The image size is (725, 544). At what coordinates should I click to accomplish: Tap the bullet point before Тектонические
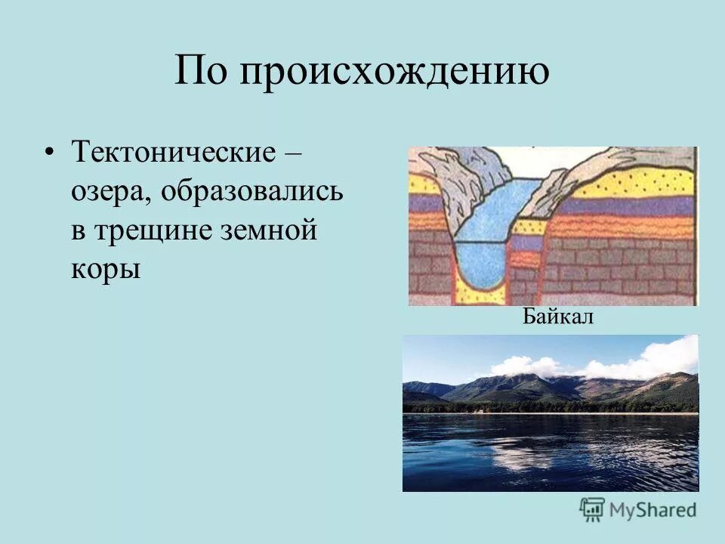tap(50, 152)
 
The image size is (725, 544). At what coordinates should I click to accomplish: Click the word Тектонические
tap(172, 152)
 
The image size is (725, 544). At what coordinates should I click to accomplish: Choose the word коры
tap(106, 270)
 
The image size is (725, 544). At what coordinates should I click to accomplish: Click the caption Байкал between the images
tap(557, 317)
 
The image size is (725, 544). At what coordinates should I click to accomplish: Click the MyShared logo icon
tap(593, 508)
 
